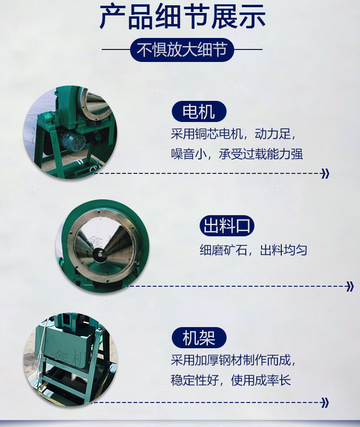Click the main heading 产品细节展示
click(182, 17)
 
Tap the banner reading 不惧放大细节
click(182, 49)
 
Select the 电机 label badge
click(199, 111)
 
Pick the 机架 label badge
click(199, 338)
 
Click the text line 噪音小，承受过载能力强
click(237, 154)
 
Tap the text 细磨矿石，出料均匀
click(253, 250)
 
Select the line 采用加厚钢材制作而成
click(233, 360)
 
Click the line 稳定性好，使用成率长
click(231, 380)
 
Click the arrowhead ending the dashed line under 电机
click(325, 173)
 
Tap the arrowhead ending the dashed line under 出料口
click(350, 287)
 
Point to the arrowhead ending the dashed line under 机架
click(325, 403)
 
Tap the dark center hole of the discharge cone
click(99, 255)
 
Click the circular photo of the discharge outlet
click(103, 246)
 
